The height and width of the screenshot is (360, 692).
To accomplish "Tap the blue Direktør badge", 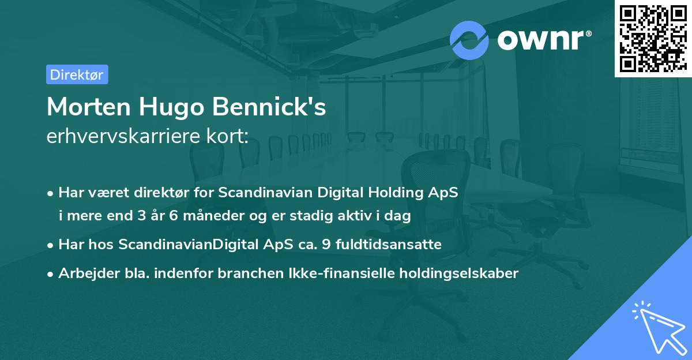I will coord(77,74).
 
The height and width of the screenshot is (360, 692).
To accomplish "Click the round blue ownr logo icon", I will coord(469,40).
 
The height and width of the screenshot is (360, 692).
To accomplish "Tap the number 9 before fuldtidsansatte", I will coord(326,245).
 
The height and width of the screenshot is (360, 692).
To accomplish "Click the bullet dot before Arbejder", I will coord(51,274).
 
